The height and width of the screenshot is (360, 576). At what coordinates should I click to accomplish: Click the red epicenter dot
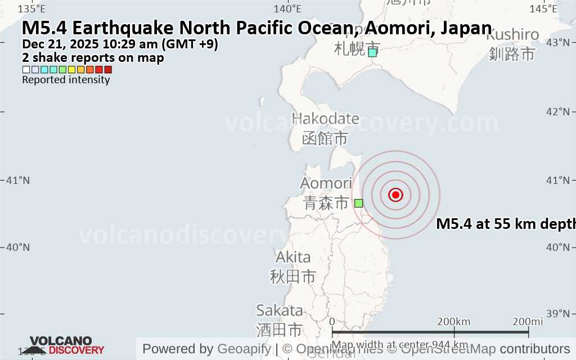point(395,195)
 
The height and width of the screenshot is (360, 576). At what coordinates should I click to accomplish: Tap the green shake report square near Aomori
point(359,203)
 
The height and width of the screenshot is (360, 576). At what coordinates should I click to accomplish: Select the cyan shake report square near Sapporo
point(372,52)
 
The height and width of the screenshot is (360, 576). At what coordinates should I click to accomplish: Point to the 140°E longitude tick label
point(287,8)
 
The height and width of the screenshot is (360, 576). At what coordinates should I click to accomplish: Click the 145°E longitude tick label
point(544,8)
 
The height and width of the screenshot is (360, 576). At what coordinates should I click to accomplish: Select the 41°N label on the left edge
point(17,181)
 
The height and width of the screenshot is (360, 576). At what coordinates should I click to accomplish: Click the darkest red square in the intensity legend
point(108,70)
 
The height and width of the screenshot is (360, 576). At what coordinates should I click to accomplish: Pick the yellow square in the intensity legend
point(71,70)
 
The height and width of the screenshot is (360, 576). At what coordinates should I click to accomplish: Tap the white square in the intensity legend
point(26,70)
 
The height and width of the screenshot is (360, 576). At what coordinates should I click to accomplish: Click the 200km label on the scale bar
point(454,321)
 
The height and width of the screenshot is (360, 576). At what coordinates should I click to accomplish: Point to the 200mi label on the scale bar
point(528,321)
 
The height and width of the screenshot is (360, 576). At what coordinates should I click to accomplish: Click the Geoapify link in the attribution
point(243,349)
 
